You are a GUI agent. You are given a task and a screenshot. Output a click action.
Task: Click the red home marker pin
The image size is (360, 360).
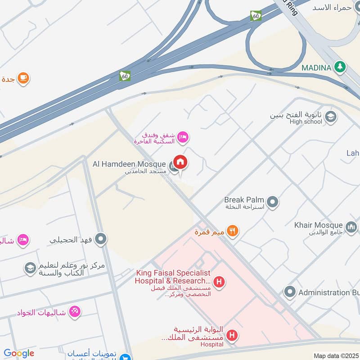[x=180, y=162]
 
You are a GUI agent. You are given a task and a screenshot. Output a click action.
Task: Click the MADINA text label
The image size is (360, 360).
[x=316, y=67]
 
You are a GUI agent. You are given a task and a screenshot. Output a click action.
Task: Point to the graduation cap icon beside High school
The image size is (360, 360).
[x=331, y=117]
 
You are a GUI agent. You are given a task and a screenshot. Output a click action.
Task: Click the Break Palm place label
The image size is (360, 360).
[x=243, y=199]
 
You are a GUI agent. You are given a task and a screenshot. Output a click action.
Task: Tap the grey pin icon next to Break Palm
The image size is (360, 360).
[x=272, y=202]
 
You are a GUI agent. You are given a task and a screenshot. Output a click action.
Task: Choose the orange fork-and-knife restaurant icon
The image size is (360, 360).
[x=232, y=231]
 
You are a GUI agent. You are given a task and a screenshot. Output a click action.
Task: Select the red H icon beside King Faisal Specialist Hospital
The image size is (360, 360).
[x=219, y=283]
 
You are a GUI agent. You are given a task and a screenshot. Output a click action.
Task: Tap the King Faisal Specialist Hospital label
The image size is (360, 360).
[x=173, y=277]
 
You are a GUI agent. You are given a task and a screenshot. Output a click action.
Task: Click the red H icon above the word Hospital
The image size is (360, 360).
[x=232, y=335]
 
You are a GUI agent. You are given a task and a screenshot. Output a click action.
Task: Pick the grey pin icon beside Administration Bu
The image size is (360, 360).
[x=290, y=292]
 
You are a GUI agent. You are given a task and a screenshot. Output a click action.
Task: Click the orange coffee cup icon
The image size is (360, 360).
[x=23, y=78]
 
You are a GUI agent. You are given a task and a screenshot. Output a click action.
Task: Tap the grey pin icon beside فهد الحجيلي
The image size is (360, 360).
[x=102, y=239]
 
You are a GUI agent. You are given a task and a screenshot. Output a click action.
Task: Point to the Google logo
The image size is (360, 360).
[x=19, y=353]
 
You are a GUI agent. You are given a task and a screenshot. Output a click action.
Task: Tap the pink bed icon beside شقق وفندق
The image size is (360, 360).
[x=182, y=137]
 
